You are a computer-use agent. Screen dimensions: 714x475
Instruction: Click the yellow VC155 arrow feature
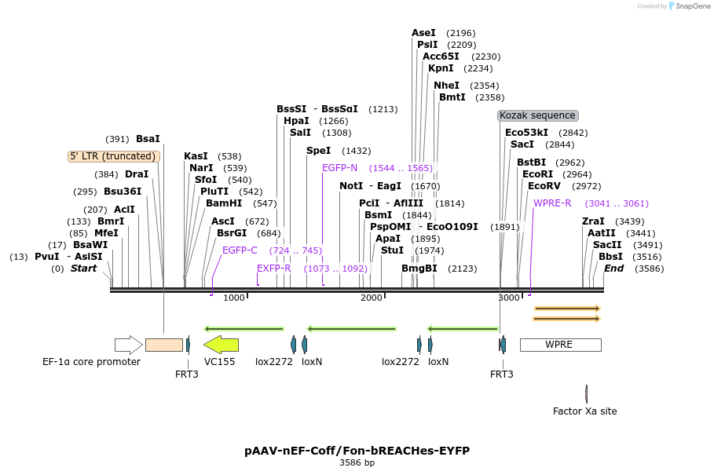(221, 345)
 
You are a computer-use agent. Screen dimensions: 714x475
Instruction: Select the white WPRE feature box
(561, 345)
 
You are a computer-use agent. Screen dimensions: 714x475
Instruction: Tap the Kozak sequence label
(538, 115)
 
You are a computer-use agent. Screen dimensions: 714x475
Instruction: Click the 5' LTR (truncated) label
(114, 156)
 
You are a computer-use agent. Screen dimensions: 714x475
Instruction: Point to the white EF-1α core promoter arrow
(128, 345)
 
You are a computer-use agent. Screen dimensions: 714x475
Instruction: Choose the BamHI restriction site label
(224, 203)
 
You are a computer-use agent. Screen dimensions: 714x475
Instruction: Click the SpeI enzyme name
(318, 151)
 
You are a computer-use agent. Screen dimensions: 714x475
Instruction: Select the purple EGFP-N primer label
(339, 168)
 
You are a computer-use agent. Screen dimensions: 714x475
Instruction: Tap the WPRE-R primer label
(552, 203)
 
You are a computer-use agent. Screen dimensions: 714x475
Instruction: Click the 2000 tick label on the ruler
(371, 298)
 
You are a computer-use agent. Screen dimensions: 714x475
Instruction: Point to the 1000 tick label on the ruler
(233, 298)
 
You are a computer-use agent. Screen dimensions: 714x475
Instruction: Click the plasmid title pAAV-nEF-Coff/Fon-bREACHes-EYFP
(357, 451)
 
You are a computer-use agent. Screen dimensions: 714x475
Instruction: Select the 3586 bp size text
(357, 462)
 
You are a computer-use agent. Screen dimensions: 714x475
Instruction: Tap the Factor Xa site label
(584, 411)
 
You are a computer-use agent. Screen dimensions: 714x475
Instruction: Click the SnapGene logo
(690, 6)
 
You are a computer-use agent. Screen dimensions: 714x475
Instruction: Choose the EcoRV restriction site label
(544, 186)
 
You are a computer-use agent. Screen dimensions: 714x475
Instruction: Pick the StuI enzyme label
(392, 250)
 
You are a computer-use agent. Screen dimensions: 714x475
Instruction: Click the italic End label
(613, 269)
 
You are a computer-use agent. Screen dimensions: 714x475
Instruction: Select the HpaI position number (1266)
(333, 121)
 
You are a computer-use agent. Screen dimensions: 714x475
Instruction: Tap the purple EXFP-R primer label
(273, 269)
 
